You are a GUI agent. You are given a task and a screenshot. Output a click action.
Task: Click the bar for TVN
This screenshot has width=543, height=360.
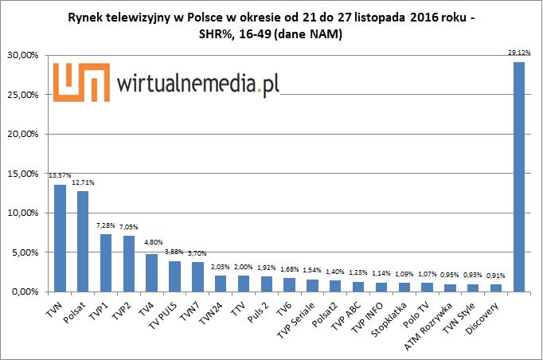coord(60,239)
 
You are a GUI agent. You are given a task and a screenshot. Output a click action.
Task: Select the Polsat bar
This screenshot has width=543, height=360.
coord(83,242)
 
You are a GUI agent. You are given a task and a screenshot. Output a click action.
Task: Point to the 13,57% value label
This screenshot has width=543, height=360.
coord(61,176)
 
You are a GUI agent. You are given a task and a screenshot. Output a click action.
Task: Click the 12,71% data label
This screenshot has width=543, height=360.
coord(83,183)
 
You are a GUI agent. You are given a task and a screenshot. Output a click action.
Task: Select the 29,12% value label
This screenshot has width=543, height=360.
coord(518,53)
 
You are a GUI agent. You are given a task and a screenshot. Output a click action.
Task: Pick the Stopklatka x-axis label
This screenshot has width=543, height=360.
coord(387,318)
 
